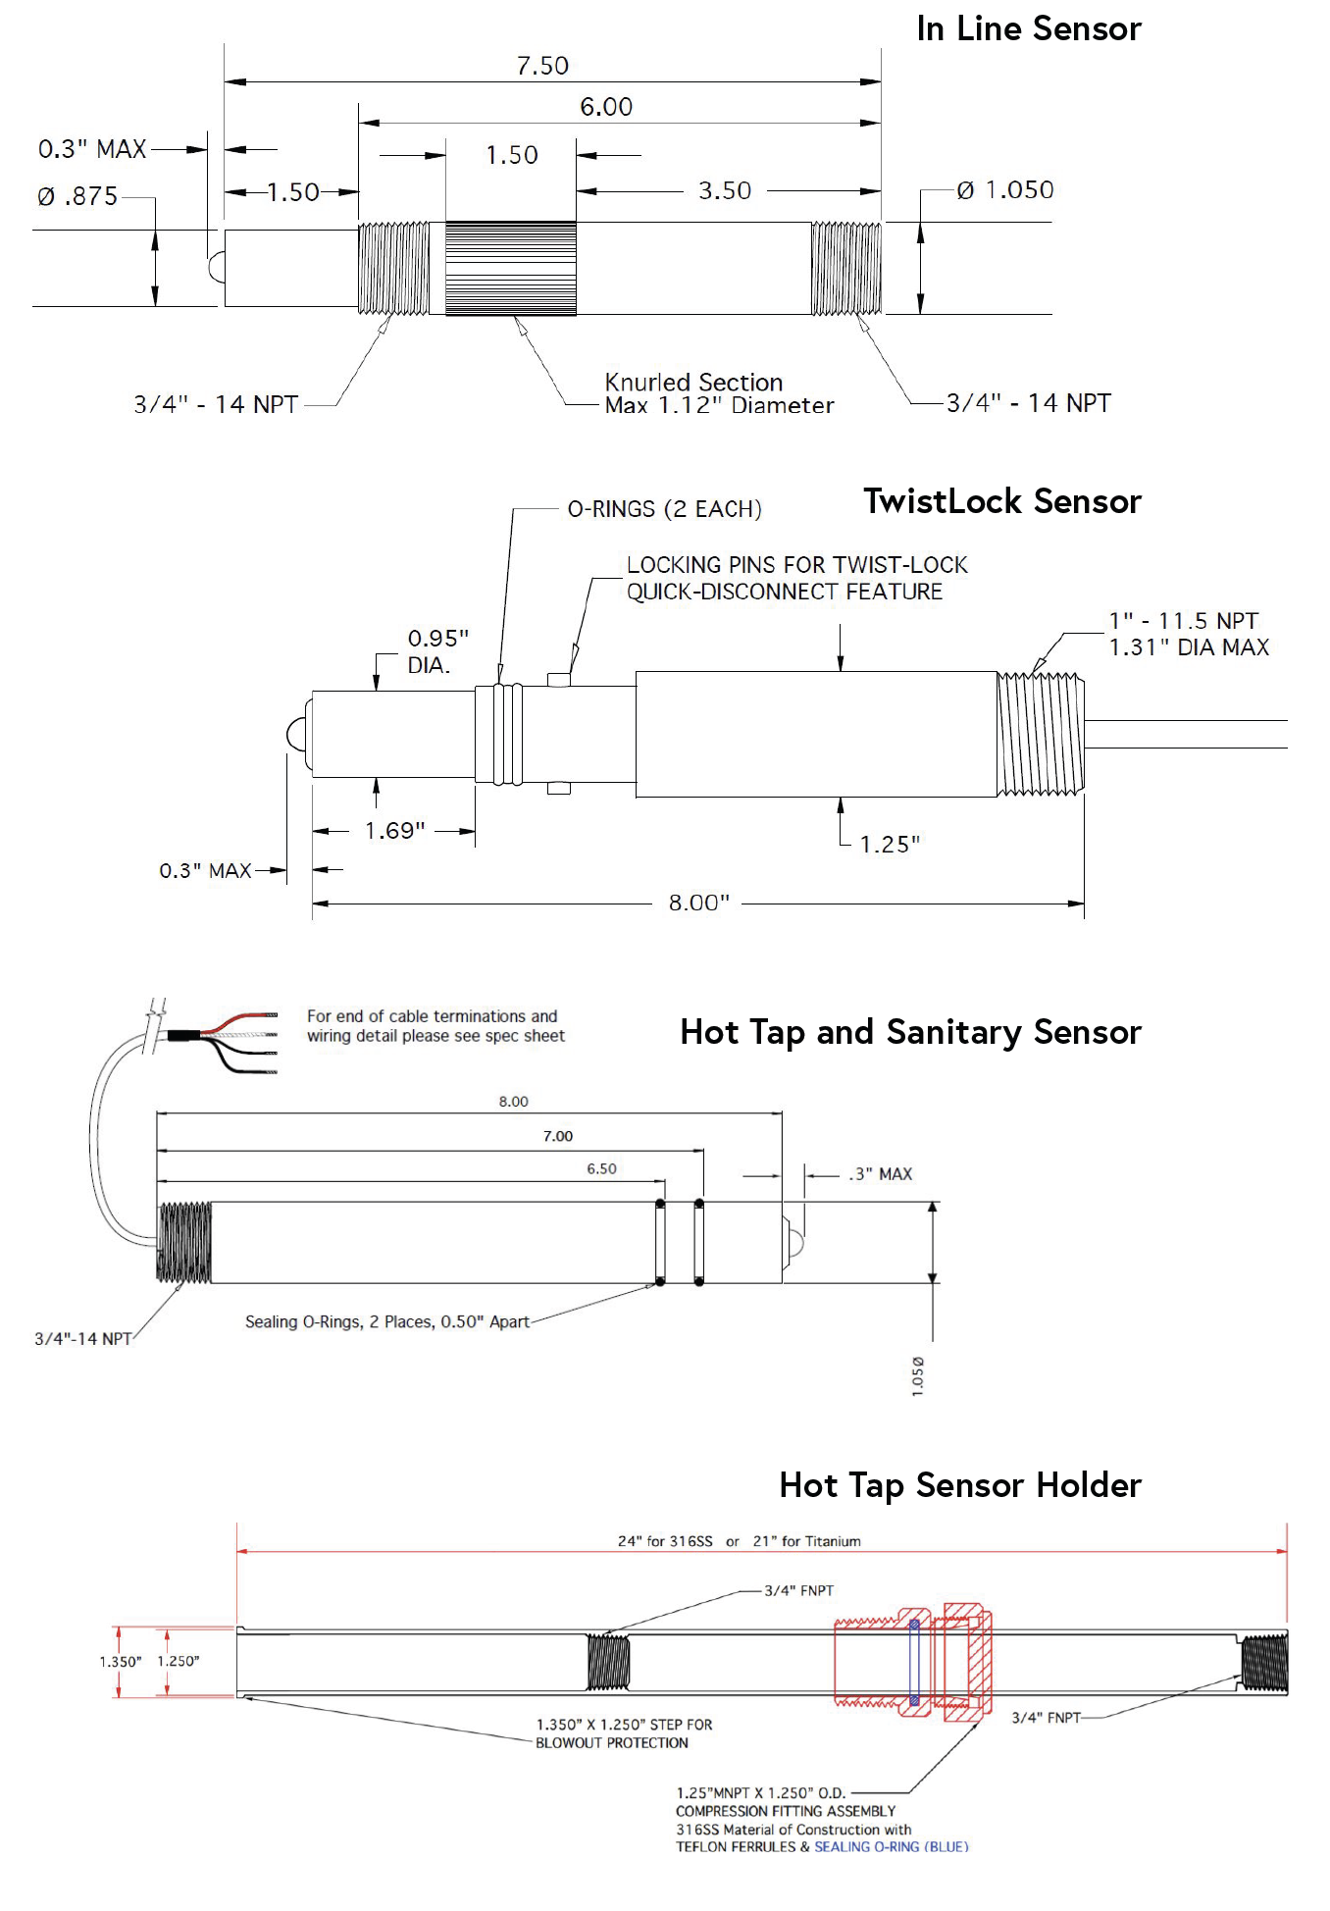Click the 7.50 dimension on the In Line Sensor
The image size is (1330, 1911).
tap(542, 66)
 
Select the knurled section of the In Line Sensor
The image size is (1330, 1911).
tap(510, 268)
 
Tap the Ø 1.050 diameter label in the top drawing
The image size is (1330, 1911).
tap(1005, 189)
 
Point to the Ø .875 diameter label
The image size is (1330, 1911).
tap(77, 196)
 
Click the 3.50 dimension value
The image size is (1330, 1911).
tap(725, 190)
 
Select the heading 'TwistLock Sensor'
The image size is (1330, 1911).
tap(1001, 501)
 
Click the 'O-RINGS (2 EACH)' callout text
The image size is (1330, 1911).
tap(664, 509)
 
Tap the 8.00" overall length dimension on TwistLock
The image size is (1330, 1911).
tap(698, 903)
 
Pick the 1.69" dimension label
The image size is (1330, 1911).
tap(394, 831)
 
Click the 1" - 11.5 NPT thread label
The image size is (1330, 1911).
tap(1184, 621)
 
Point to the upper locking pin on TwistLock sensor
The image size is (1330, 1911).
tap(559, 679)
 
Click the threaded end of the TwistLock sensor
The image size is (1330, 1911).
tap(1041, 734)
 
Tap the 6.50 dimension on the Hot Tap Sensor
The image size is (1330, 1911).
tap(601, 1168)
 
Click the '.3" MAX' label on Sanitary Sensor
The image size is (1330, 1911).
tap(881, 1174)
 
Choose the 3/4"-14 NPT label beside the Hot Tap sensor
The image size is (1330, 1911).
tap(83, 1339)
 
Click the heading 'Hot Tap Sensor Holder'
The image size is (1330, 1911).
tap(959, 1485)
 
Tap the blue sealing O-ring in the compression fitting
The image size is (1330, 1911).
tap(914, 1662)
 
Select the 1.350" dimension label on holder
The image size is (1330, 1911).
tap(120, 1661)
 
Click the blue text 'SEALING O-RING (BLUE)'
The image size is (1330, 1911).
tap(891, 1846)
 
